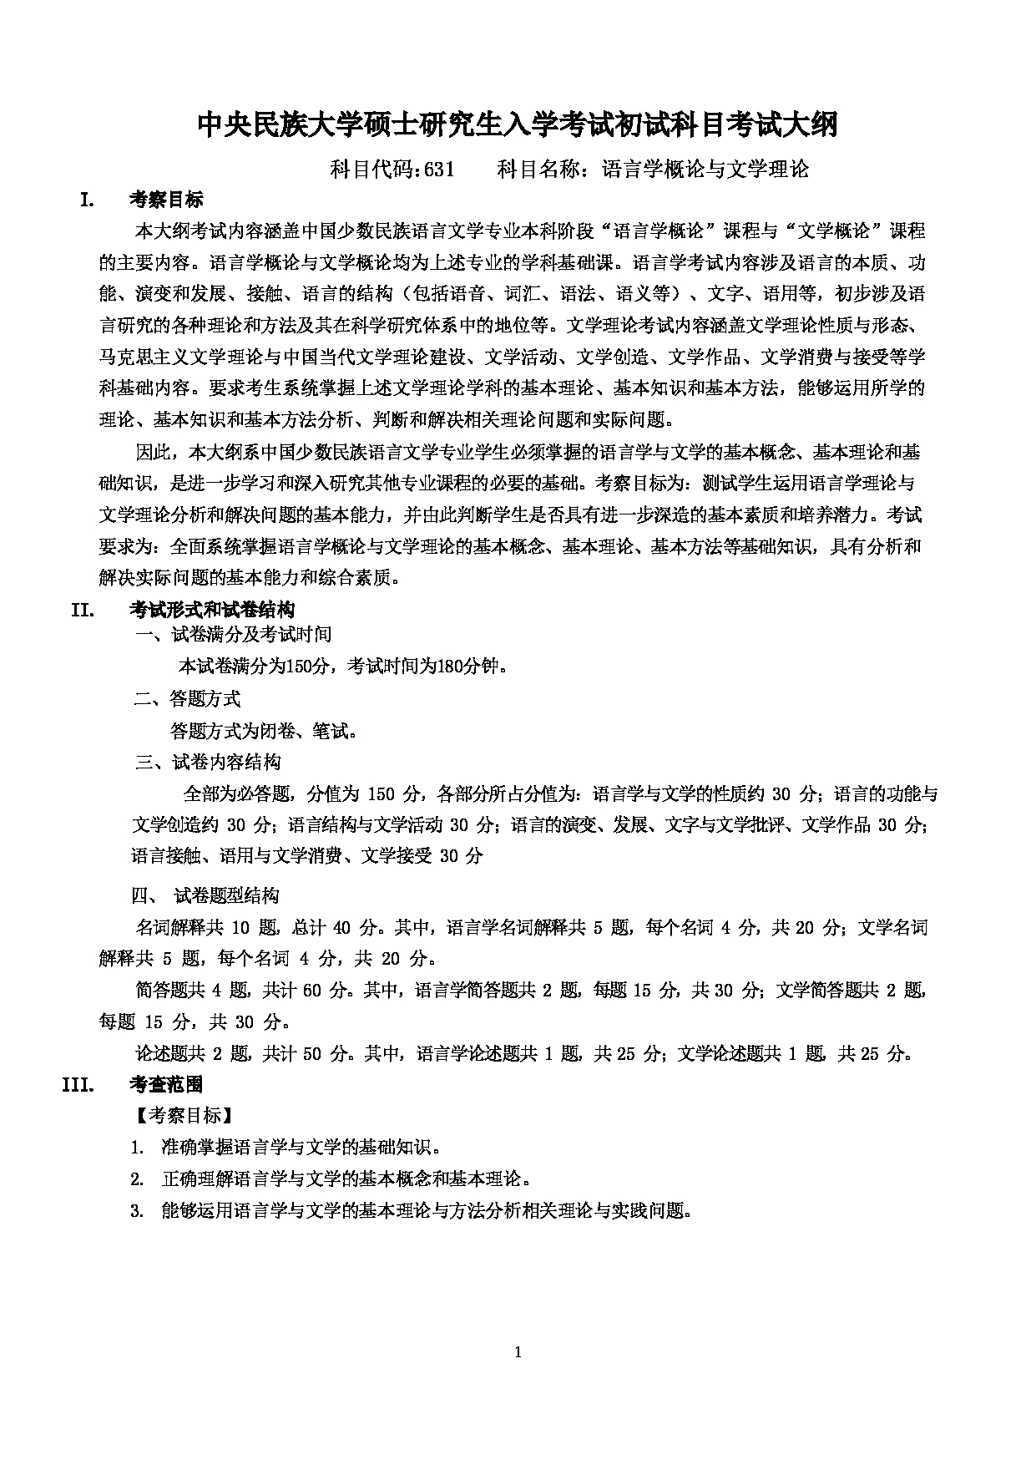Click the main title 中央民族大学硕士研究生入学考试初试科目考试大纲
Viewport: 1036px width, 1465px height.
(517, 125)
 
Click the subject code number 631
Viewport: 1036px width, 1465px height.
(439, 170)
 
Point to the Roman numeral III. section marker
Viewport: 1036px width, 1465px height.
(81, 1084)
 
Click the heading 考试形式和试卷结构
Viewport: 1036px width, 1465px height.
(212, 610)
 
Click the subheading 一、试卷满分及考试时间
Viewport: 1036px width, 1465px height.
(234, 635)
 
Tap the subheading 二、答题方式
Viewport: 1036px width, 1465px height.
(188, 699)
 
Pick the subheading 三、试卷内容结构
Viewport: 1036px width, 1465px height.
(209, 762)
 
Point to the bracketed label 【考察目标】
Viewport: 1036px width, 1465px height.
(180, 1116)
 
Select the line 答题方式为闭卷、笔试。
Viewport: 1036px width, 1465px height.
(265, 732)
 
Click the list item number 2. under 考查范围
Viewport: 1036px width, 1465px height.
(138, 1179)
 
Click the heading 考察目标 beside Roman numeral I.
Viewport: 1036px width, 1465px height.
(166, 200)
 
